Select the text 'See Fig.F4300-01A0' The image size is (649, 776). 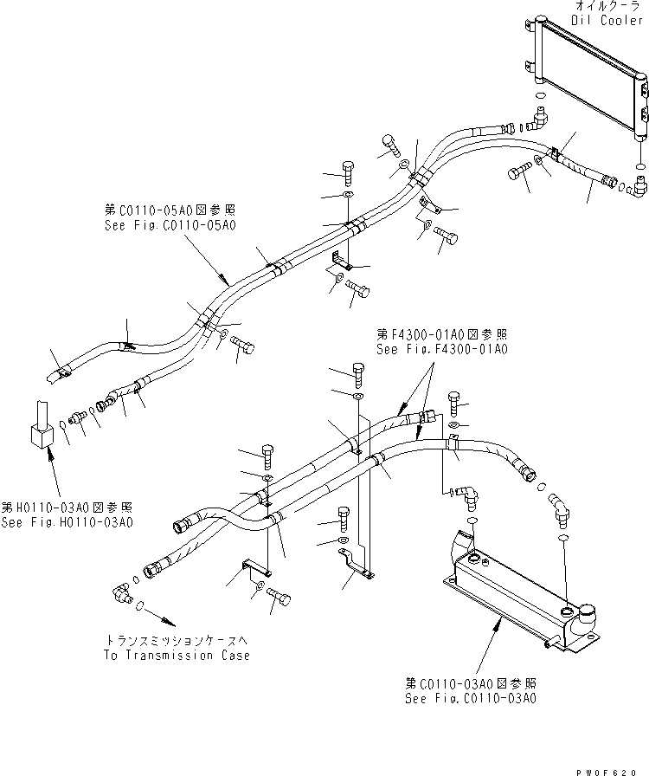(x=441, y=349)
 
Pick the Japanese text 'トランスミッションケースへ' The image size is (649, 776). (x=177, y=642)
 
